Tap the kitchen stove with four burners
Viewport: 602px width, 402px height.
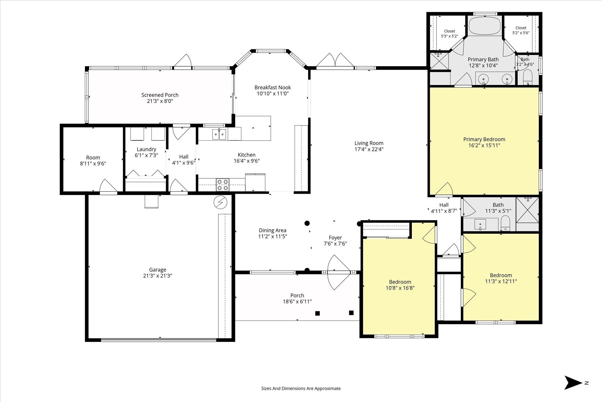[x=222, y=185]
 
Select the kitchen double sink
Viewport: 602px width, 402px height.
[x=219, y=134]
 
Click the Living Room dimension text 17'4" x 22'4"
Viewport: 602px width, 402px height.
[x=369, y=149]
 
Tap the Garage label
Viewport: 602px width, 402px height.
[x=158, y=270]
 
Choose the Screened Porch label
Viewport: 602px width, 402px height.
[x=160, y=95]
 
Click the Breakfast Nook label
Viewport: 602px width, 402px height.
[x=273, y=87]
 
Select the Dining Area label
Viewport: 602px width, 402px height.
[x=272, y=230]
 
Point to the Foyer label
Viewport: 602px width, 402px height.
[x=335, y=237]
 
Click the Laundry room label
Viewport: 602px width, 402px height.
[x=146, y=149]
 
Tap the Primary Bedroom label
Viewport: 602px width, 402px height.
[x=484, y=139]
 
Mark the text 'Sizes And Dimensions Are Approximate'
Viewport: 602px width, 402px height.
[x=301, y=388]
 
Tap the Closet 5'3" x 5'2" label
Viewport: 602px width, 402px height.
[x=449, y=34]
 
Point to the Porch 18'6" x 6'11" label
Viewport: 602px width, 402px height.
[x=297, y=298]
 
